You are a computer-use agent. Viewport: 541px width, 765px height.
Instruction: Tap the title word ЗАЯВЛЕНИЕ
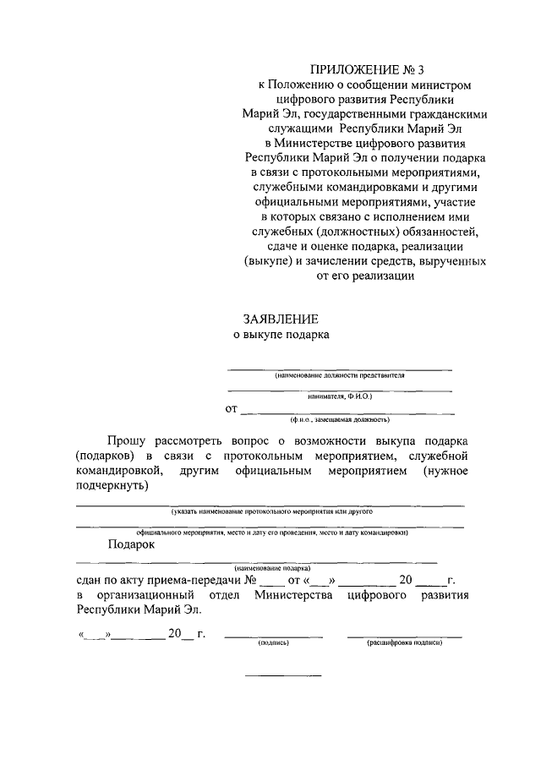(x=280, y=319)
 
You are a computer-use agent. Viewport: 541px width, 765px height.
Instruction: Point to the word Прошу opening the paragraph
(x=126, y=440)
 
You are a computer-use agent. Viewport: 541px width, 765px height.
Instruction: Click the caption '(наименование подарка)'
(x=273, y=569)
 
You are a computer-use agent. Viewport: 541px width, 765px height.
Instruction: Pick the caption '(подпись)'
(x=273, y=642)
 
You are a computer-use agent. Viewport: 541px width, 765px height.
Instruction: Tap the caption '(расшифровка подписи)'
(x=405, y=642)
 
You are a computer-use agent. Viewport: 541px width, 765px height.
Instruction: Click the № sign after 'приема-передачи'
(x=250, y=581)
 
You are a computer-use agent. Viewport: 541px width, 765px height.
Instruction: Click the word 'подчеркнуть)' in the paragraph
(x=112, y=486)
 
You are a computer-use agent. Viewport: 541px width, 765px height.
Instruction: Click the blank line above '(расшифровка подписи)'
(x=405, y=636)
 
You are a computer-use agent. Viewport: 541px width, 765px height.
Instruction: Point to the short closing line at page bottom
(x=283, y=675)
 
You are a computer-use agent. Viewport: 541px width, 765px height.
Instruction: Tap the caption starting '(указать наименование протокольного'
(x=271, y=512)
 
